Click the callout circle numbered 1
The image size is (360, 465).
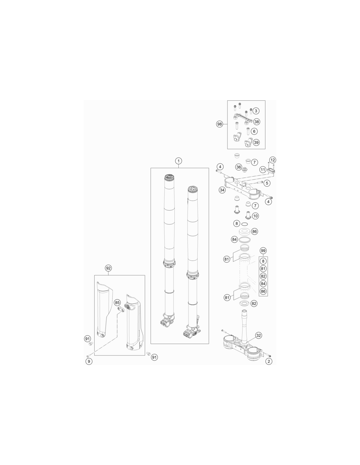(178, 161)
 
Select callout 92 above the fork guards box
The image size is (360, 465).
(108, 268)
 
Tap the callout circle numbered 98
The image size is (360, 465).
(219, 124)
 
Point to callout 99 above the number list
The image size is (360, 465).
(263, 250)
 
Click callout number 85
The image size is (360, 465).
(117, 302)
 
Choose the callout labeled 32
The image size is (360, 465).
(259, 335)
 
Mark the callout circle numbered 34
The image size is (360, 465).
(222, 190)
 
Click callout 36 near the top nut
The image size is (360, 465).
(239, 167)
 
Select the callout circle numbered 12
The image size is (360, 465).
(273, 160)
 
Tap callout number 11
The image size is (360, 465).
(262, 170)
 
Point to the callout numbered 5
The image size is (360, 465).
(267, 183)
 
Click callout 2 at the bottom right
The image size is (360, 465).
(269, 361)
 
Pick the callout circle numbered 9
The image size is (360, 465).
(89, 361)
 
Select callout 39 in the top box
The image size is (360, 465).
(256, 142)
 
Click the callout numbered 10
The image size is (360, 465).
(255, 216)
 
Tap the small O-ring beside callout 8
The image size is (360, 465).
(244, 224)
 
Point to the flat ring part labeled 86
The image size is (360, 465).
(244, 231)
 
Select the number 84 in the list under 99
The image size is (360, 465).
(263, 284)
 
